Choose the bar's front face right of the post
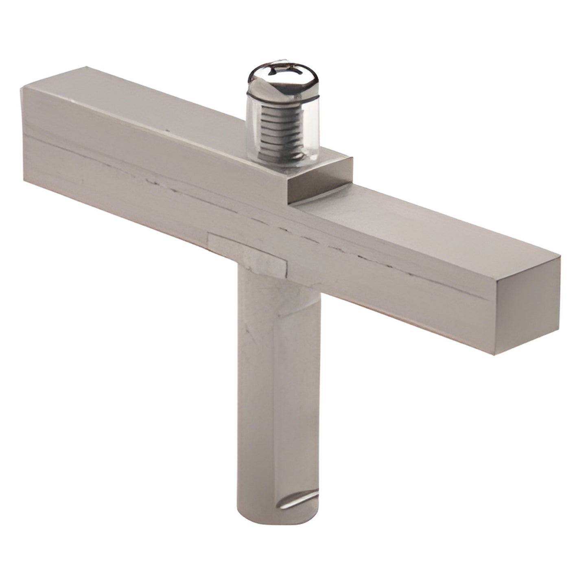407,293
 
